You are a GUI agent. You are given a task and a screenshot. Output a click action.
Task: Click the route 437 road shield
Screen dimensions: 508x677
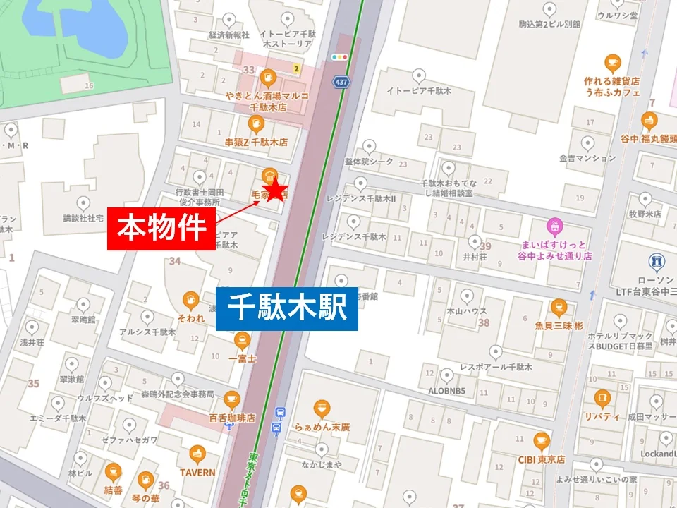tap(341, 81)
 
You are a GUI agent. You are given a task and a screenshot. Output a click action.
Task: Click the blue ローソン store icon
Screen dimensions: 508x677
tap(657, 262)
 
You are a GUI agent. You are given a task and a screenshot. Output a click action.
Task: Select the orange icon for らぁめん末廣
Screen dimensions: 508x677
tap(322, 409)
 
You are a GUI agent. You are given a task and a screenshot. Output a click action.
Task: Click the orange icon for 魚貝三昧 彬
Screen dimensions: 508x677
tap(559, 308)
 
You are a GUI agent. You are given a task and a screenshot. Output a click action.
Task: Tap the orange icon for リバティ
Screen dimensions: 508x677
tap(602, 399)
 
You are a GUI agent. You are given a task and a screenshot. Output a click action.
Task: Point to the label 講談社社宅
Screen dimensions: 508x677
tap(84, 218)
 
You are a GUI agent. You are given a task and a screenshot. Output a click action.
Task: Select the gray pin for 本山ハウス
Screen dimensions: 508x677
tap(465, 295)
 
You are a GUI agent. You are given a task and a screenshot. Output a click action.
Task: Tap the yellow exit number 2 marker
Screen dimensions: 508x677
tap(298, 68)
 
